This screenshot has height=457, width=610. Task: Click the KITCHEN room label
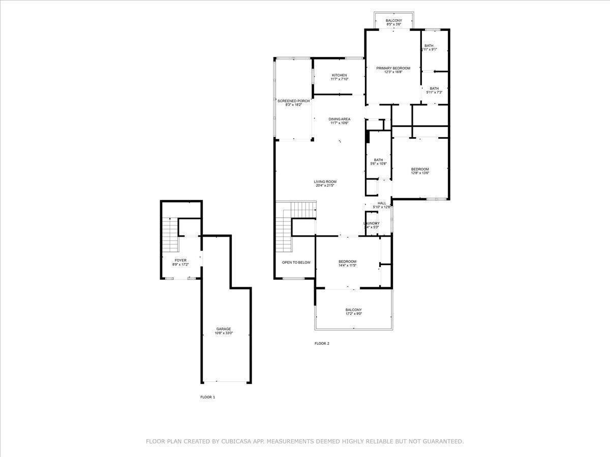(339, 76)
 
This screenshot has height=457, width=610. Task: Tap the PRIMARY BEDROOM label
(393, 68)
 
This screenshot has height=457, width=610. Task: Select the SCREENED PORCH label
(293, 101)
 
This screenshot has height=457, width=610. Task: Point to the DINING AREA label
(339, 119)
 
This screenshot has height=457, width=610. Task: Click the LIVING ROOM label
(325, 182)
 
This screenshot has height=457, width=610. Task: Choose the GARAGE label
(224, 330)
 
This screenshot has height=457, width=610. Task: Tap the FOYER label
(180, 260)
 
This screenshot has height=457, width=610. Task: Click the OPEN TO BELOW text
(296, 263)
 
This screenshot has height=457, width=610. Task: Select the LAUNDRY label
(371, 223)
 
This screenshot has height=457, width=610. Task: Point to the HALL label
(382, 203)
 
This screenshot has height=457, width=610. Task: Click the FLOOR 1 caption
(207, 397)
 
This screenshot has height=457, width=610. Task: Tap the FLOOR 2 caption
(322, 344)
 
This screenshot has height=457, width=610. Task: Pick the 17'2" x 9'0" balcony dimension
(353, 314)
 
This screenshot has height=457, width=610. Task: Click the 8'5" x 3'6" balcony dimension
(394, 24)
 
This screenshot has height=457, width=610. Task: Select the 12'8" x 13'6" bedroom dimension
(420, 173)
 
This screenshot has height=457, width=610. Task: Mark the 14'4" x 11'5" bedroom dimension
(347, 266)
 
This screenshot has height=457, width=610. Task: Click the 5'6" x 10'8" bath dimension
(378, 164)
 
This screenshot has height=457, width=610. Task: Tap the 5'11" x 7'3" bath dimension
(434, 92)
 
